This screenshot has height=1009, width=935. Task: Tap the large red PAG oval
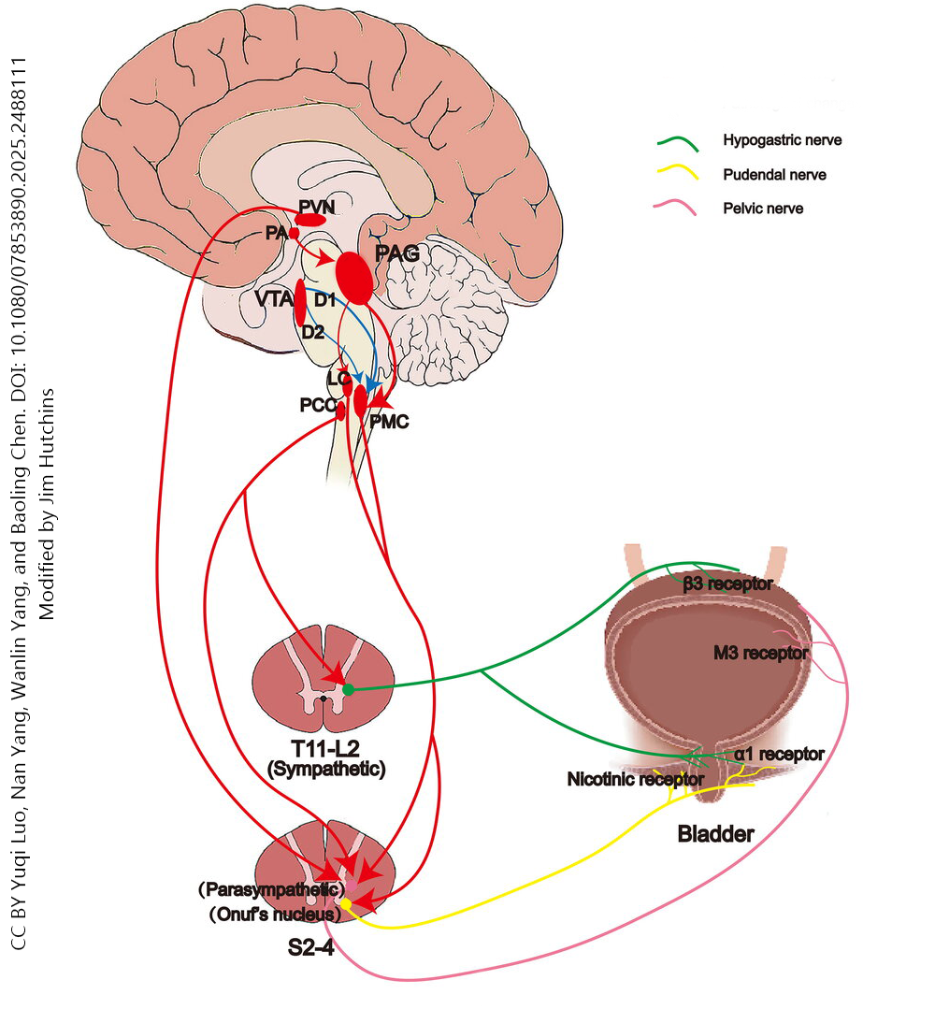(354, 278)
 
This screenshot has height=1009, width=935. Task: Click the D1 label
(324, 300)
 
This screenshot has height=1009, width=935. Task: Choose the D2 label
(312, 331)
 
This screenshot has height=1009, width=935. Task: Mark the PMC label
(389, 423)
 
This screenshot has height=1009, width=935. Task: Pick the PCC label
(318, 406)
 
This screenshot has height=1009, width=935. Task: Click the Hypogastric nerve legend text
(783, 140)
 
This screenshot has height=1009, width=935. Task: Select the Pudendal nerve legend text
(774, 175)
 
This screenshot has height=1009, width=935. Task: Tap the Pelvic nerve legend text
(763, 209)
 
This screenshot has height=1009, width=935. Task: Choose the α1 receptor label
(779, 754)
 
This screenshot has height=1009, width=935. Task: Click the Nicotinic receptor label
(635, 778)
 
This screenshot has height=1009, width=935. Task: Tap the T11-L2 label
(325, 750)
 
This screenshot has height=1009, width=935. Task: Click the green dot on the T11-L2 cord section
(348, 689)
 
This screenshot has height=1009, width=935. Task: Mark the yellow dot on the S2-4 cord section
(346, 904)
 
